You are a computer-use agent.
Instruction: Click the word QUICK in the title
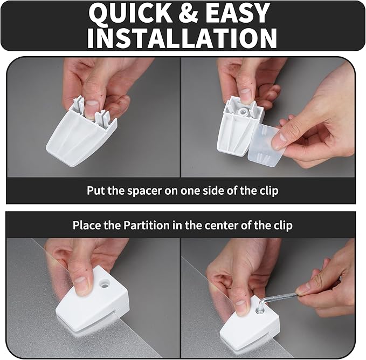130,13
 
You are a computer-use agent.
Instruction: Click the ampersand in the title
188,13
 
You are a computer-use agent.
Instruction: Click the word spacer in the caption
144,191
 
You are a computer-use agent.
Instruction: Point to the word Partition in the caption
147,225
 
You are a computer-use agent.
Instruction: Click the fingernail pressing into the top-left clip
91,107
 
